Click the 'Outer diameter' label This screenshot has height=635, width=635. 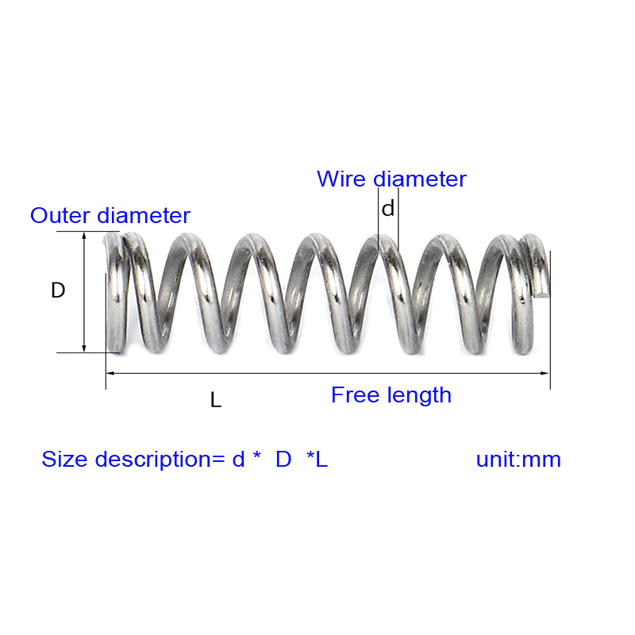click(x=110, y=216)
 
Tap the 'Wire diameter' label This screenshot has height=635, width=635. click(x=391, y=179)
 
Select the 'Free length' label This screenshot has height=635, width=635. click(x=391, y=395)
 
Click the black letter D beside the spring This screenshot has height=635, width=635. click(x=58, y=291)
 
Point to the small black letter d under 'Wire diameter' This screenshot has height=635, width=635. click(x=388, y=209)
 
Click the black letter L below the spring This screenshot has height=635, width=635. click(x=216, y=400)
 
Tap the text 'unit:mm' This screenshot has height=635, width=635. click(x=518, y=459)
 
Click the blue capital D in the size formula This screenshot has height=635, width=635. click(x=283, y=459)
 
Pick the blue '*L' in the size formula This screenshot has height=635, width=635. click(x=317, y=459)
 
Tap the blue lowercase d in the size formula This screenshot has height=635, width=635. click(x=238, y=459)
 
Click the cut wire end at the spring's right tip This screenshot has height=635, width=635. click(x=542, y=293)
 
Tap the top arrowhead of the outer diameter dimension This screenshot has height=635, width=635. click(x=84, y=235)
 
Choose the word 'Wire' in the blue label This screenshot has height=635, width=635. click(x=341, y=179)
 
